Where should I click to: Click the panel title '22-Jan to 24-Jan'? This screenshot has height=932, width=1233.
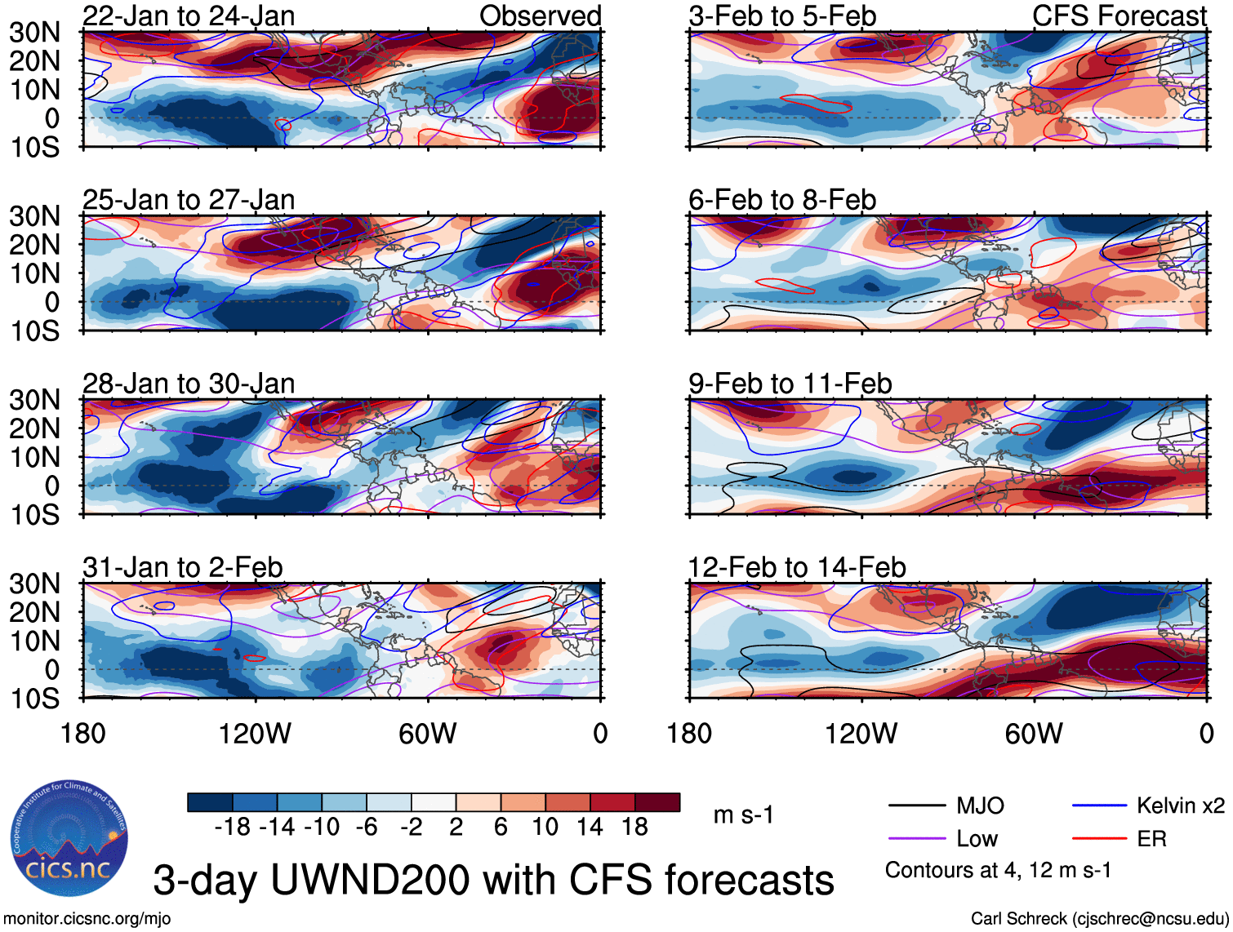[189, 16]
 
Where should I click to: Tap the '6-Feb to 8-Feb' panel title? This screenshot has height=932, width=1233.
[781, 200]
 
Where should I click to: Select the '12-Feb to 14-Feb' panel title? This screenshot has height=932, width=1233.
[796, 567]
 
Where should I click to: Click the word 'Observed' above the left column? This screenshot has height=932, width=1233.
[540, 16]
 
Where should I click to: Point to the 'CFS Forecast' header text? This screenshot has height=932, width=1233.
[1119, 16]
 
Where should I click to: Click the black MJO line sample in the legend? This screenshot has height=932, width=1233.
[916, 806]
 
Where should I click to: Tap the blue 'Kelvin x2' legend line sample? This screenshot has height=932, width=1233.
[1099, 806]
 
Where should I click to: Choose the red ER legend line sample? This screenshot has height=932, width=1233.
[1099, 838]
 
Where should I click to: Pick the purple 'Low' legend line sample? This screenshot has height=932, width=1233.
[916, 838]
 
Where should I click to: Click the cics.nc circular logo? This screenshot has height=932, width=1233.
[69, 839]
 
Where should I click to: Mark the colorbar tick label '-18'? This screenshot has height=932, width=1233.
[233, 828]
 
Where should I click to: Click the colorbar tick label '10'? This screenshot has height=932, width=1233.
[545, 828]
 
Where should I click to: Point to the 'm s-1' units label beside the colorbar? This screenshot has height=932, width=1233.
[743, 815]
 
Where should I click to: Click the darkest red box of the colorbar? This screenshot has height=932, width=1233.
[657, 802]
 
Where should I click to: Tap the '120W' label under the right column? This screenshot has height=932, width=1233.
[861, 734]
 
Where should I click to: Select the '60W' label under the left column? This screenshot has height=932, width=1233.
[427, 734]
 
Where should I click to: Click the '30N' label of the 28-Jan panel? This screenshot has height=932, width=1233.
[34, 400]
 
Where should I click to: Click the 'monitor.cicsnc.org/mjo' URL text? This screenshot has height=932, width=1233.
[87, 919]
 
